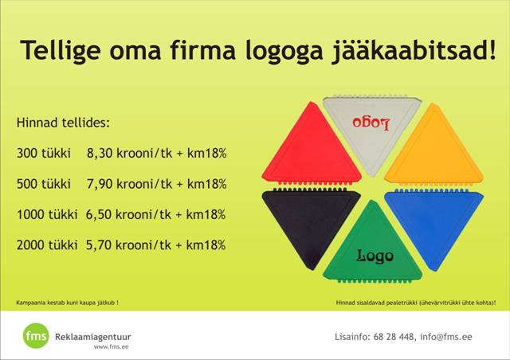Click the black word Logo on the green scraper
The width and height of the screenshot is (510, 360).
(375, 256)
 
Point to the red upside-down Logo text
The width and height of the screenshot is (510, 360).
(371, 123)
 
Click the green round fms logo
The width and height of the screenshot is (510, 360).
(36, 335)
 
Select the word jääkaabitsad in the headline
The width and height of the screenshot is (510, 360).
(414, 51)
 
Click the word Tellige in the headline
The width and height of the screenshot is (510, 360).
(61, 51)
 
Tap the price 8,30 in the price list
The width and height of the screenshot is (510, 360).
(100, 153)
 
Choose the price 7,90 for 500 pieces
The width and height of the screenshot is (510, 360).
(100, 184)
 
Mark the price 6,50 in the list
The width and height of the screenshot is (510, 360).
(99, 214)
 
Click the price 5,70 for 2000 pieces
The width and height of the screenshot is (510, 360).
(99, 245)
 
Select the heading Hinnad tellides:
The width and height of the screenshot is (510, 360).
(63, 123)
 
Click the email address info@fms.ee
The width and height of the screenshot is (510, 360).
(445, 337)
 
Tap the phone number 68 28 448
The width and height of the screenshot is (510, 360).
(394, 337)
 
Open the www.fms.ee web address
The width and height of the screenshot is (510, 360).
(112, 347)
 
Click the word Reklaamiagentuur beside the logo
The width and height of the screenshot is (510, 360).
(93, 337)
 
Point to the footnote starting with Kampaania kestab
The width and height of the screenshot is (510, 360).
(67, 303)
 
